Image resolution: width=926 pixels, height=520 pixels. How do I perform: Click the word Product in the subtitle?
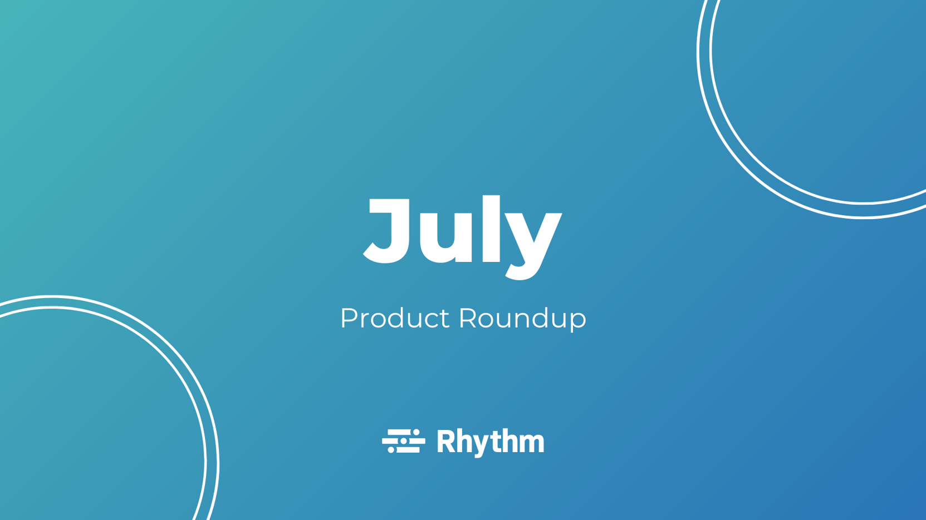pos(394,319)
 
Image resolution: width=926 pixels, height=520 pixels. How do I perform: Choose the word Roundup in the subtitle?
pos(522,319)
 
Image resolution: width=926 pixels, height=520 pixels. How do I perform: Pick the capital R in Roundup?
pos(468,318)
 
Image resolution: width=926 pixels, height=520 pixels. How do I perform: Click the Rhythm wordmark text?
pos(490,442)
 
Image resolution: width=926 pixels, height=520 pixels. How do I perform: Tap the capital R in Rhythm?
pos(446,442)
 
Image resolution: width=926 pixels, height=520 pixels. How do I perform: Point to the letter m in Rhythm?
pos(533,444)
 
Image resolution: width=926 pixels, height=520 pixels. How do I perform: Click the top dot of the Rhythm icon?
pos(416,432)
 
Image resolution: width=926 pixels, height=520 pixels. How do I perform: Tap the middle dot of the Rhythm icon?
pos(404,441)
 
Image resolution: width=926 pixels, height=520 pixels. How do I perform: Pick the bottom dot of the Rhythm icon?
pos(391,449)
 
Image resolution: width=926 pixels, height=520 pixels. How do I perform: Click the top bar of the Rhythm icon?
pos(400,432)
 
